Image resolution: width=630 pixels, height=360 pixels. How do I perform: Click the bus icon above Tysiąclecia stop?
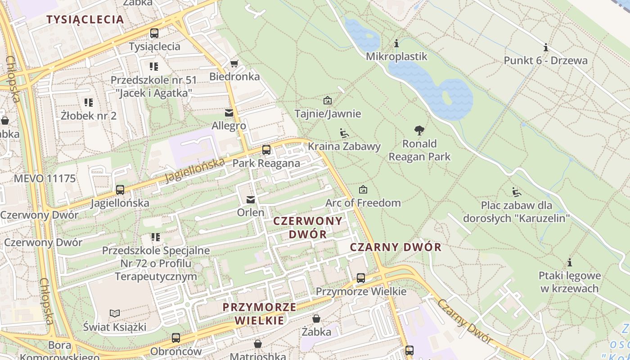pos(154,33)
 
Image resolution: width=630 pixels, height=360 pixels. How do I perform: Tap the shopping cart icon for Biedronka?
pos(234,63)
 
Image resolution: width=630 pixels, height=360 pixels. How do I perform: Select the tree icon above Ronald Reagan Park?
pos(419,131)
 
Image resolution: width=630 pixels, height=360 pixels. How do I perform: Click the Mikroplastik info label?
pos(396,56)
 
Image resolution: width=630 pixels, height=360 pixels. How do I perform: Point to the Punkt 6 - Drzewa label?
pos(545,60)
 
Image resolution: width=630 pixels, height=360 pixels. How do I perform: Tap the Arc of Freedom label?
pos(363,203)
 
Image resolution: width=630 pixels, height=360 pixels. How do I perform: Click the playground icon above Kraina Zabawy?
pos(344,133)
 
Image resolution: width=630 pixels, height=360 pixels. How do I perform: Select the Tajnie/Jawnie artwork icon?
pos(327,100)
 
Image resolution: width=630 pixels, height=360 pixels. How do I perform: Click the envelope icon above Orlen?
pos(251,199)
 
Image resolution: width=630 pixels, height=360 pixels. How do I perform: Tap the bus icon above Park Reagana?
pos(266,150)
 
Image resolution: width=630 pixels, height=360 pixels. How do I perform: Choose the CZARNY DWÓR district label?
pos(396,247)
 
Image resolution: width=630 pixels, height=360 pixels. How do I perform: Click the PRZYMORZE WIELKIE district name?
pos(260,314)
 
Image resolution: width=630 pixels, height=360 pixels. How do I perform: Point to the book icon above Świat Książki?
pos(115,313)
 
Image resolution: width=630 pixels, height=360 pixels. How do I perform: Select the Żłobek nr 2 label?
pos(89,116)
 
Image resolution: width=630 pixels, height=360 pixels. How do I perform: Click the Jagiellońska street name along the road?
pos(194,170)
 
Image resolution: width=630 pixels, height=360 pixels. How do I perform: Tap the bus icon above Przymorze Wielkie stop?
pos(361,278)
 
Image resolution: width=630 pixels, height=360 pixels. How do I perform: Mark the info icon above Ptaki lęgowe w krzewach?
pos(570,262)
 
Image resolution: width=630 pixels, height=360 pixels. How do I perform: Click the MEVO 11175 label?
pos(45,179)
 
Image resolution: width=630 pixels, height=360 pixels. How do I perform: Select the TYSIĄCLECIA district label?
pos(85,19)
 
